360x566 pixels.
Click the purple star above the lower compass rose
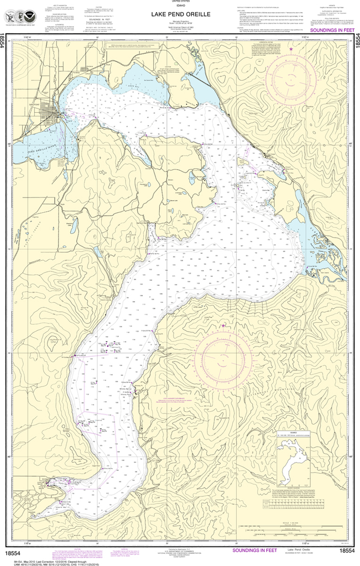223,326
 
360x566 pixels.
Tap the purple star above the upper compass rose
291,50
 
